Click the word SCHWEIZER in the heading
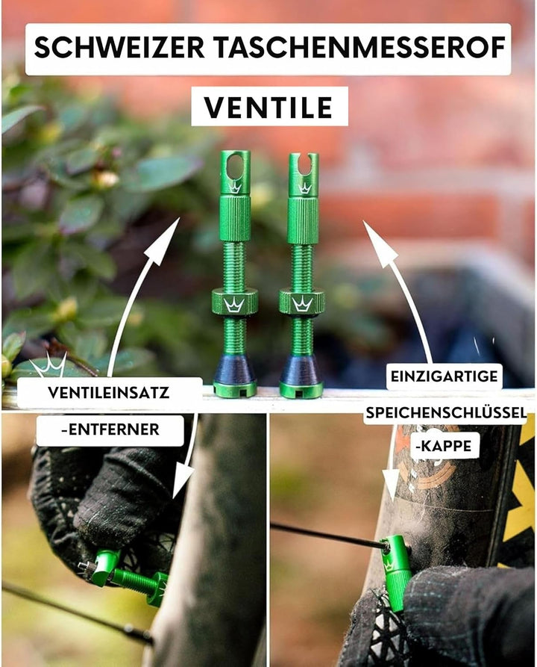pos(119,48)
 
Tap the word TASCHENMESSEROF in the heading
pos(360,48)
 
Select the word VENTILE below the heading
pos(269,108)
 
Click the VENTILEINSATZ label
pos(109,393)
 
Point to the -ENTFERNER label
pos(110,429)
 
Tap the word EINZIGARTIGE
pos(444,376)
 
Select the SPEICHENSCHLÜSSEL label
pos(447,412)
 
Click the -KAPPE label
pos(444,446)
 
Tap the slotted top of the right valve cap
pos(304,164)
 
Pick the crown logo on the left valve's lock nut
pos(234,305)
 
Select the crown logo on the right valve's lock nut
pos(302,304)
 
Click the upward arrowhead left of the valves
pos(165,239)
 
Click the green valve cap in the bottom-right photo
pos(398,572)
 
